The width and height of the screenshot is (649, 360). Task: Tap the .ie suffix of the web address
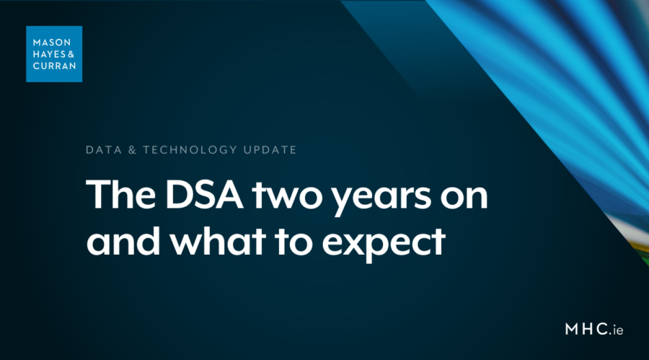click(614, 330)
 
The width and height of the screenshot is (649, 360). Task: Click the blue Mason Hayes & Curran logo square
click(54, 53)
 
